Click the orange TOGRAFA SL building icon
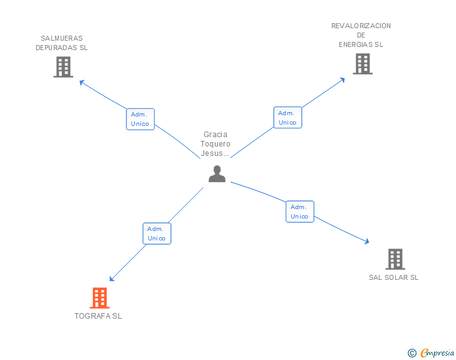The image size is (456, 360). [100, 298]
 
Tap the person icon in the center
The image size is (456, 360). [217, 174]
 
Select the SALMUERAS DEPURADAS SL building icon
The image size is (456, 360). [63, 67]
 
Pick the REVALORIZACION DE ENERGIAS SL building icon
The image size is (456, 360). [363, 64]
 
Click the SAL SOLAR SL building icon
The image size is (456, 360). [395, 259]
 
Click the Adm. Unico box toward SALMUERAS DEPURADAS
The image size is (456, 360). [140, 119]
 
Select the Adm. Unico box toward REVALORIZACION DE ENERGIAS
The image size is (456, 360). [288, 118]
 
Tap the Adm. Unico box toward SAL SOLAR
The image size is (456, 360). [300, 212]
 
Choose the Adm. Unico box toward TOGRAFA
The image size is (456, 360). [157, 234]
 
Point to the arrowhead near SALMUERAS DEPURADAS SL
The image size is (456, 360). [81, 82]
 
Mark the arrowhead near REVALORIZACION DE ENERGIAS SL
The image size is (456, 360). [343, 80]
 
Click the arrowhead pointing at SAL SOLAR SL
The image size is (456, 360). [367, 241]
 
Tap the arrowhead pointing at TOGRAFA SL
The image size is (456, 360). [111, 279]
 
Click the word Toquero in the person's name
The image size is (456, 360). [215, 144]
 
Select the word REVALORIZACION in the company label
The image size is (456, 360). [361, 26]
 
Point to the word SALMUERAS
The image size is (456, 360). [61, 38]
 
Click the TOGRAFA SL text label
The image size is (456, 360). [98, 316]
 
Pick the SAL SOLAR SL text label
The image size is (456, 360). [394, 277]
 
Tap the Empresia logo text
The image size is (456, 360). [437, 353]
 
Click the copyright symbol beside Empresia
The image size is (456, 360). [412, 353]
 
